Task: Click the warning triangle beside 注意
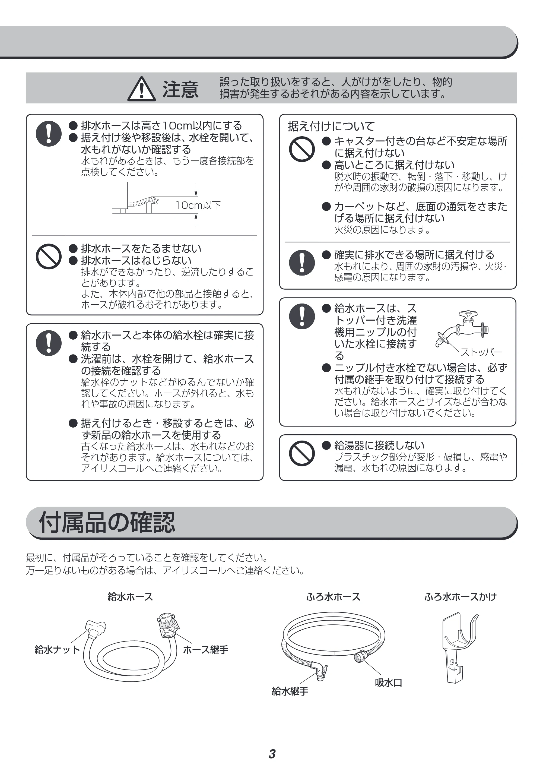click(141, 89)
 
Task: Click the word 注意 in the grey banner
click(180, 89)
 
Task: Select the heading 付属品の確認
click(107, 522)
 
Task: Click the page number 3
click(272, 754)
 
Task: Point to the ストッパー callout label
click(481, 352)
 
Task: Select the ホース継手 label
click(206, 650)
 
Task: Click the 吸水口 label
click(388, 683)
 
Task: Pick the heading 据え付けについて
click(331, 126)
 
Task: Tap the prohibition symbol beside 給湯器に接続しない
click(301, 454)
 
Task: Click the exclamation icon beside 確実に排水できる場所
click(301, 263)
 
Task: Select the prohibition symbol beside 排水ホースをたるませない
click(49, 257)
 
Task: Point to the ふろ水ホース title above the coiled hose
click(333, 597)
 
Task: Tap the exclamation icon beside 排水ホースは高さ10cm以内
click(49, 134)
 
